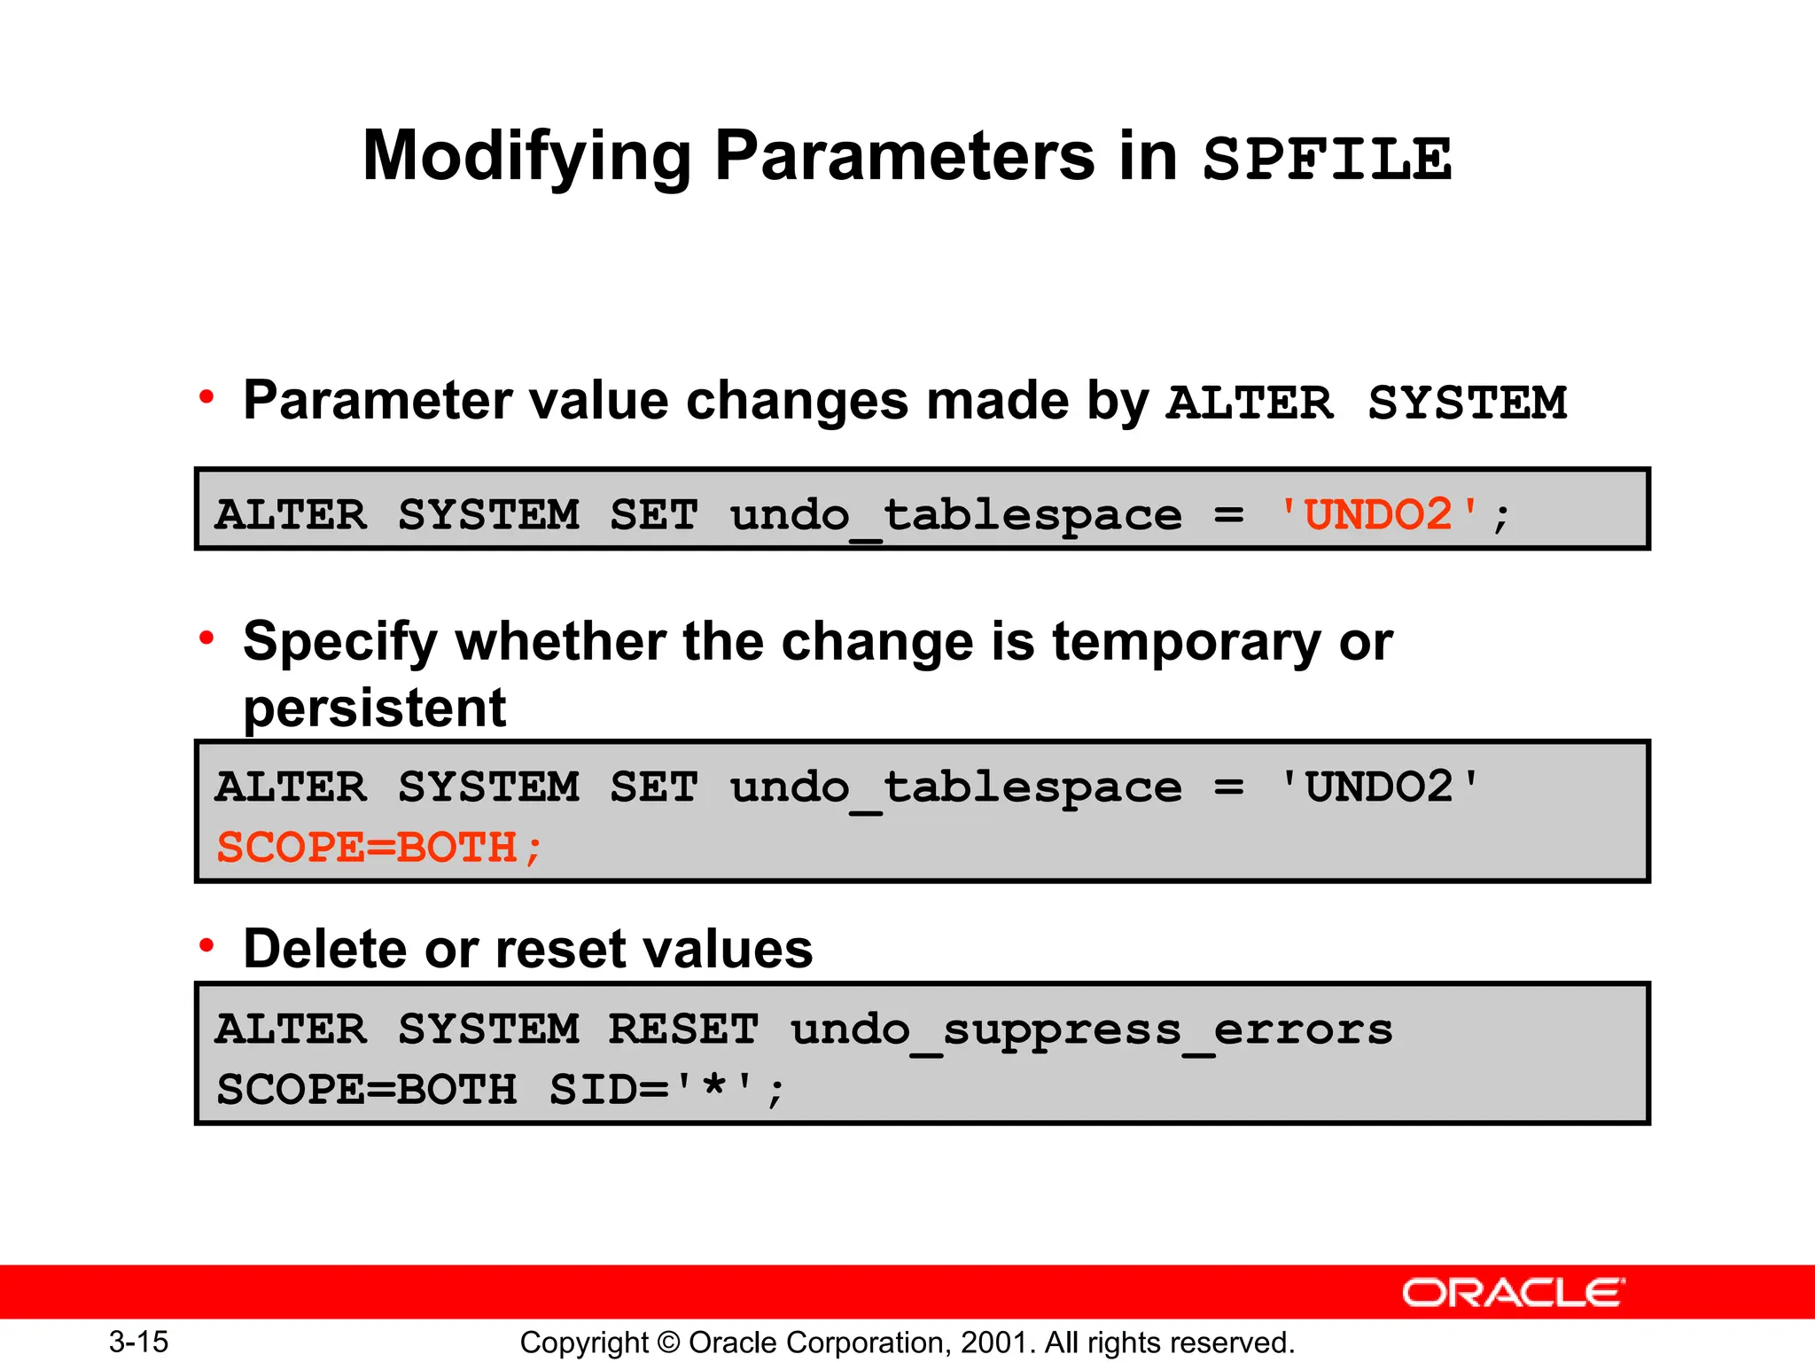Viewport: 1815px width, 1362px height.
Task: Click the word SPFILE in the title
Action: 1327,160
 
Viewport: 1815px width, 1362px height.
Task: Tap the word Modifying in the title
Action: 526,158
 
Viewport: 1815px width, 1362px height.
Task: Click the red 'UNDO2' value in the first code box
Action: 1378,514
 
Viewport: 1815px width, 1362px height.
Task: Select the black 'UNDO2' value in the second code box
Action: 1378,787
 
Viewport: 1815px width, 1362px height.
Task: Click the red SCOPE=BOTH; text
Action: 378,848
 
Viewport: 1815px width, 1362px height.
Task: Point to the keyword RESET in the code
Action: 683,1029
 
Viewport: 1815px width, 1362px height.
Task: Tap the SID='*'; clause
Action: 666,1090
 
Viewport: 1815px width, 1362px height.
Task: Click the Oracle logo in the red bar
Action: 1513,1293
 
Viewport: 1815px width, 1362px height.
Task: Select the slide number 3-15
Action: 138,1342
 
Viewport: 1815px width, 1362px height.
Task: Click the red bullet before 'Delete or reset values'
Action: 206,946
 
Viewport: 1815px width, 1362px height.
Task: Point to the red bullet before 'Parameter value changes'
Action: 206,396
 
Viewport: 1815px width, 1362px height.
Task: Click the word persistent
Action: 374,708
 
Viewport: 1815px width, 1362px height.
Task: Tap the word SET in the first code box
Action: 653,515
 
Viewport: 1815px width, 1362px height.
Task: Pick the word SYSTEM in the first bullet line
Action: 1467,403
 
